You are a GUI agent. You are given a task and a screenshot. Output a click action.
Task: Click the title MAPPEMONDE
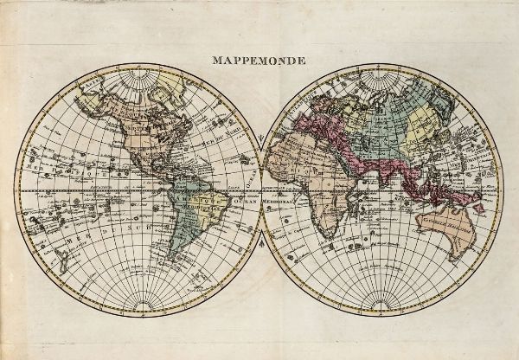pos(259,61)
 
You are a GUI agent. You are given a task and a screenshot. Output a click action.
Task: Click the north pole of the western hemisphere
pos(138,71)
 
